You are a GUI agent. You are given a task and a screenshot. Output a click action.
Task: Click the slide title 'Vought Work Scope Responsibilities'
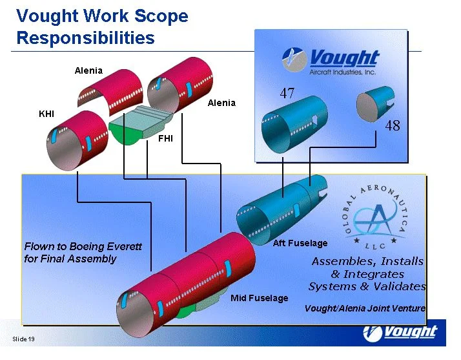(102, 27)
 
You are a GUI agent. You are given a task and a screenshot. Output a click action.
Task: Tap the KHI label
(46, 114)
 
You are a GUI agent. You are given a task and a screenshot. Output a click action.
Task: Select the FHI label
(165, 139)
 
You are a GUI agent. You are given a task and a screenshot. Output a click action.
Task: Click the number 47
(287, 94)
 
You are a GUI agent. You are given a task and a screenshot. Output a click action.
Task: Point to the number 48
(393, 126)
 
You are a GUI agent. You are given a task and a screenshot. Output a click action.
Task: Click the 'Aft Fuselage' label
(300, 244)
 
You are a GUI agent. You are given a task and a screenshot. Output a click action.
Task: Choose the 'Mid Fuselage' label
(259, 298)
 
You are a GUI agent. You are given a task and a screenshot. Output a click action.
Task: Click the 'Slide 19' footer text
(23, 340)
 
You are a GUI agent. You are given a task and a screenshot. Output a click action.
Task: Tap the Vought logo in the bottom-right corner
(400, 333)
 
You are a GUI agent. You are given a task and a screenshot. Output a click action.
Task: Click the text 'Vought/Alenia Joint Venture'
(365, 308)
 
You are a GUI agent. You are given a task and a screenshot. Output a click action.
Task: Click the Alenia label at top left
(88, 70)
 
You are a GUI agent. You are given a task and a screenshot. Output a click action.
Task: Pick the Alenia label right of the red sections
(221, 103)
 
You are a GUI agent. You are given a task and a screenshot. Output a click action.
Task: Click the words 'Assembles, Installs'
(367, 262)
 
